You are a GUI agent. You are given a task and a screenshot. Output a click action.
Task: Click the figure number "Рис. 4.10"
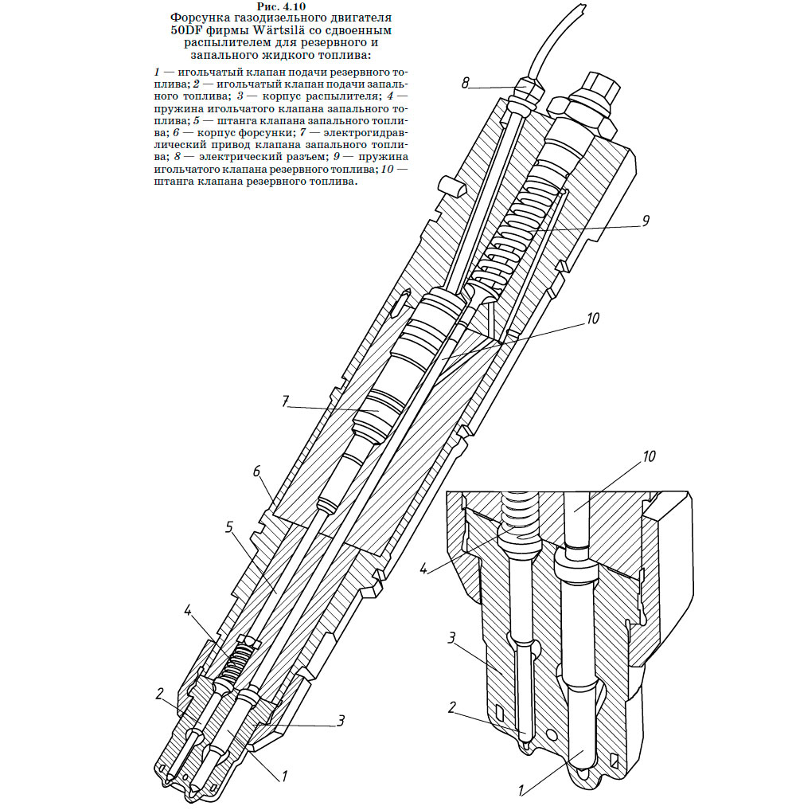tap(281, 6)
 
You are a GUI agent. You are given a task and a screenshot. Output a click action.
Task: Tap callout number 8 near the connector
tap(465, 83)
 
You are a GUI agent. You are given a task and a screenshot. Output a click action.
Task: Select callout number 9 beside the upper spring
tap(645, 221)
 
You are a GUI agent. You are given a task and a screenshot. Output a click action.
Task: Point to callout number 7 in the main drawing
tap(286, 402)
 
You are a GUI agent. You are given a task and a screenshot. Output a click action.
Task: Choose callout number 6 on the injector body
tap(256, 472)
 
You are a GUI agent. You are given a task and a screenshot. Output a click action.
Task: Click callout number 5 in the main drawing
tap(229, 527)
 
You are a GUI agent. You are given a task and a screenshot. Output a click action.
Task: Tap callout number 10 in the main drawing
tap(592, 318)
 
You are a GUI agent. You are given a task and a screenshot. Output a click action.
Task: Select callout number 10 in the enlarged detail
tap(649, 456)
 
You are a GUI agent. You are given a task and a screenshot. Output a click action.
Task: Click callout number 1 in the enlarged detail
tap(521, 791)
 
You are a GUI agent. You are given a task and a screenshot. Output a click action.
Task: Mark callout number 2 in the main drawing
tap(160, 694)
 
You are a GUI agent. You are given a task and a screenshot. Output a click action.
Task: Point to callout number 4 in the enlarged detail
tap(423, 569)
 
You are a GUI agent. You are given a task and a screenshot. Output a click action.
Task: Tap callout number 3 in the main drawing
tap(341, 721)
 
